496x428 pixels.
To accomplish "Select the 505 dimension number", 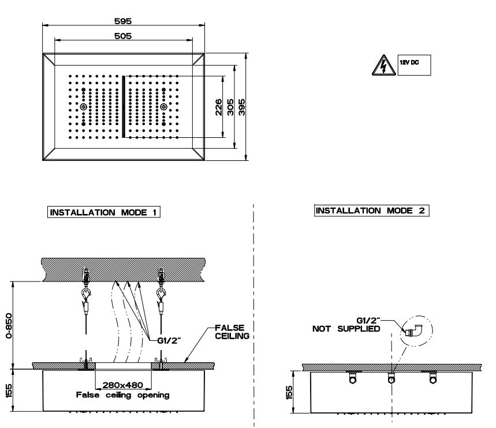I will coord(124,36).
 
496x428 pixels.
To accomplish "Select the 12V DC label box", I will coord(414,65).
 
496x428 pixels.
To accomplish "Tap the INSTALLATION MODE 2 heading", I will coord(372,211).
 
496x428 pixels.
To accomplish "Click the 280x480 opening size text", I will coord(124,385).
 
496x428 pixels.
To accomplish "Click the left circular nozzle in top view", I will coord(84,107).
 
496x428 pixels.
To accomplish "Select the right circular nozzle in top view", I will coord(164,107).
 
